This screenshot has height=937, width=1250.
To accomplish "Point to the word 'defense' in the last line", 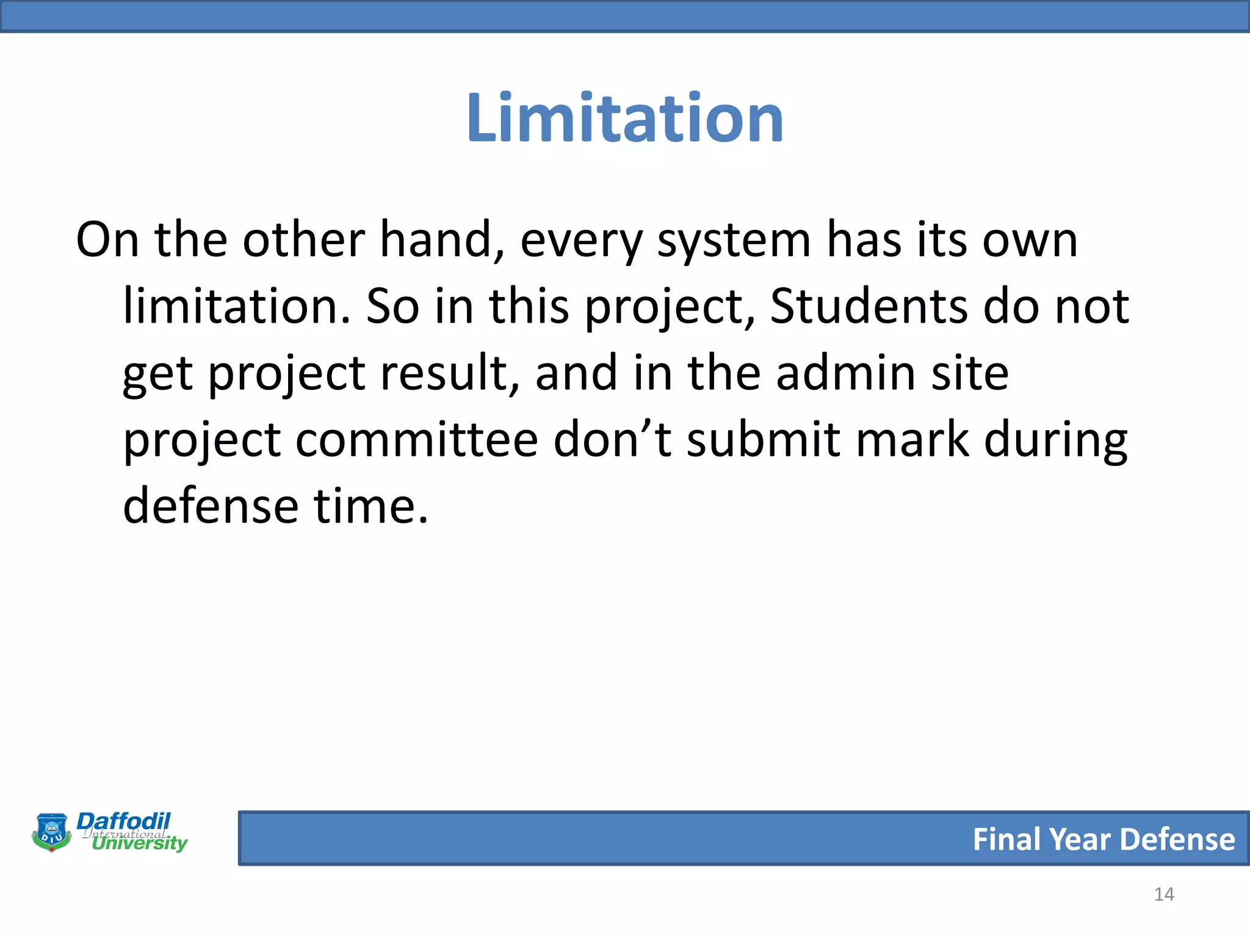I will click(211, 506).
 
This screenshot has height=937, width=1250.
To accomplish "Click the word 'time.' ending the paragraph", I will click(371, 506).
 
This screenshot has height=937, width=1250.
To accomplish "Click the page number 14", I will click(1164, 894).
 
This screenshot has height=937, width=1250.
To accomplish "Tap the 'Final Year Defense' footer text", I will click(1104, 839).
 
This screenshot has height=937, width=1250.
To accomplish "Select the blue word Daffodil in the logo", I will click(123, 821).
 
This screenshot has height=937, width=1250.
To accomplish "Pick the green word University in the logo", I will click(140, 844).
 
